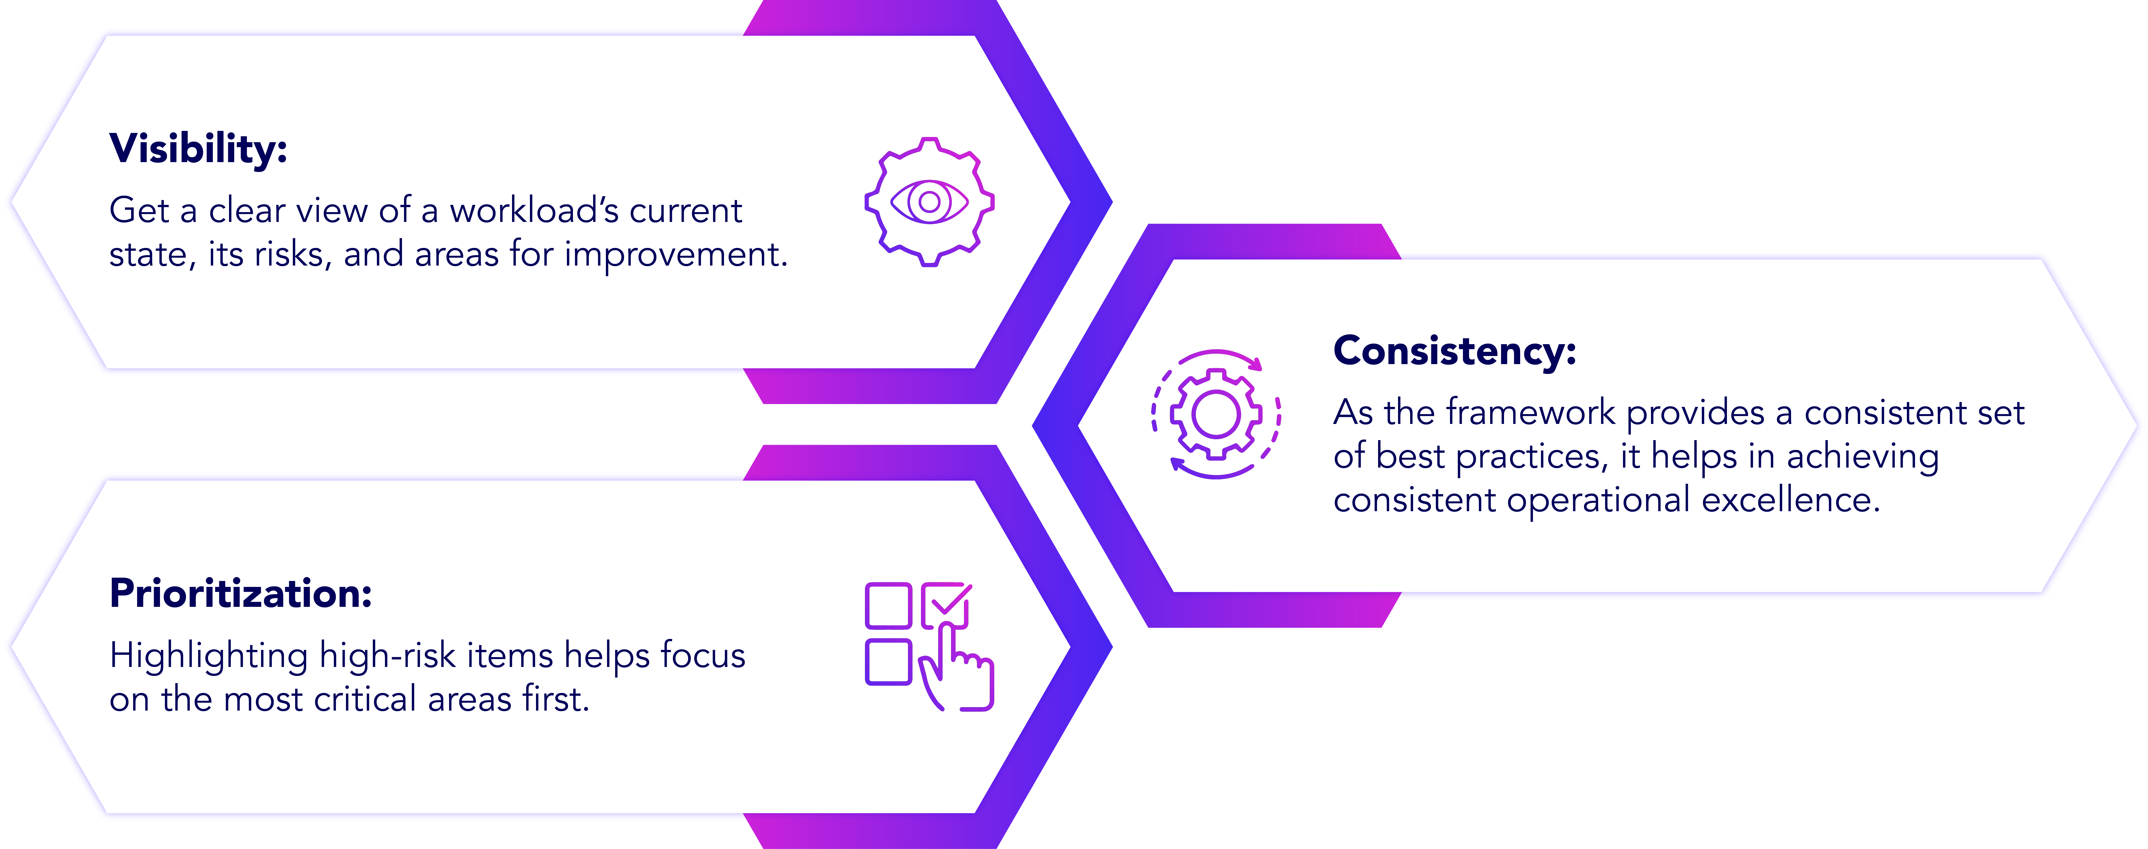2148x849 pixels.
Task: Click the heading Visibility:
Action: point(198,149)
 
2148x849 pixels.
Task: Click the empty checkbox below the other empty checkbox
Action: point(888,661)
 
